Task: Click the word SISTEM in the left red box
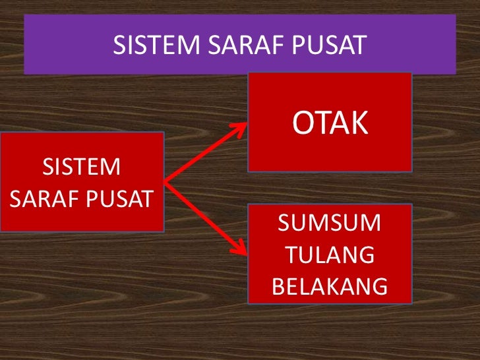pyautogui.click(x=82, y=167)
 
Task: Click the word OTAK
pyautogui.click(x=330, y=123)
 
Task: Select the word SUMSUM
pyautogui.click(x=330, y=224)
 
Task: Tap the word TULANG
pyautogui.click(x=330, y=255)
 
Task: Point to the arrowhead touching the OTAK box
pyautogui.click(x=241, y=129)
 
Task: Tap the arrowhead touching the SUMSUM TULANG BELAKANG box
pyautogui.click(x=241, y=249)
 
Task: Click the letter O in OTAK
pyautogui.click(x=303, y=123)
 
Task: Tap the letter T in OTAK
pyautogui.click(x=321, y=123)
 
